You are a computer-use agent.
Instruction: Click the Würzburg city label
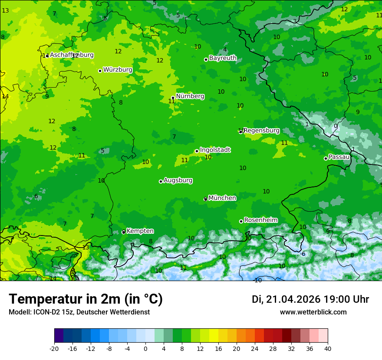click(118, 70)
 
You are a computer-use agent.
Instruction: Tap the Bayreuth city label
click(223, 58)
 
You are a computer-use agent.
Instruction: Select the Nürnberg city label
click(190, 96)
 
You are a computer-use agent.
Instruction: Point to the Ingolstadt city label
click(215, 150)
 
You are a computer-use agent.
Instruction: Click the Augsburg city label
click(178, 180)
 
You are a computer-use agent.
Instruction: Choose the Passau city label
click(339, 157)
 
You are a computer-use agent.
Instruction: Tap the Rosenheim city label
click(260, 220)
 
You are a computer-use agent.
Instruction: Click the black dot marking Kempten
click(124, 232)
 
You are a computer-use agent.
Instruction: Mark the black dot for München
click(205, 199)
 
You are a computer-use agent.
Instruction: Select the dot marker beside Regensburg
click(240, 131)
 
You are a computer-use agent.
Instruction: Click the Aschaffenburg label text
click(72, 55)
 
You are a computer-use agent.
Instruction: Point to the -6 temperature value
click(303, 254)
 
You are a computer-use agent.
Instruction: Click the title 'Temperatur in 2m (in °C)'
click(86, 299)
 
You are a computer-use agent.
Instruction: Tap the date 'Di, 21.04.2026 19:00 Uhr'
click(310, 299)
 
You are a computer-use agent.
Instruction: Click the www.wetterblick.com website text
click(313, 312)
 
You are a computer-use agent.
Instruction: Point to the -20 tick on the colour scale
click(54, 348)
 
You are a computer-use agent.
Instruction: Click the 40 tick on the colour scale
click(328, 348)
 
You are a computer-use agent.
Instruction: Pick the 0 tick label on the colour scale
click(145, 348)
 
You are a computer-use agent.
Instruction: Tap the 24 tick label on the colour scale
click(255, 348)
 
